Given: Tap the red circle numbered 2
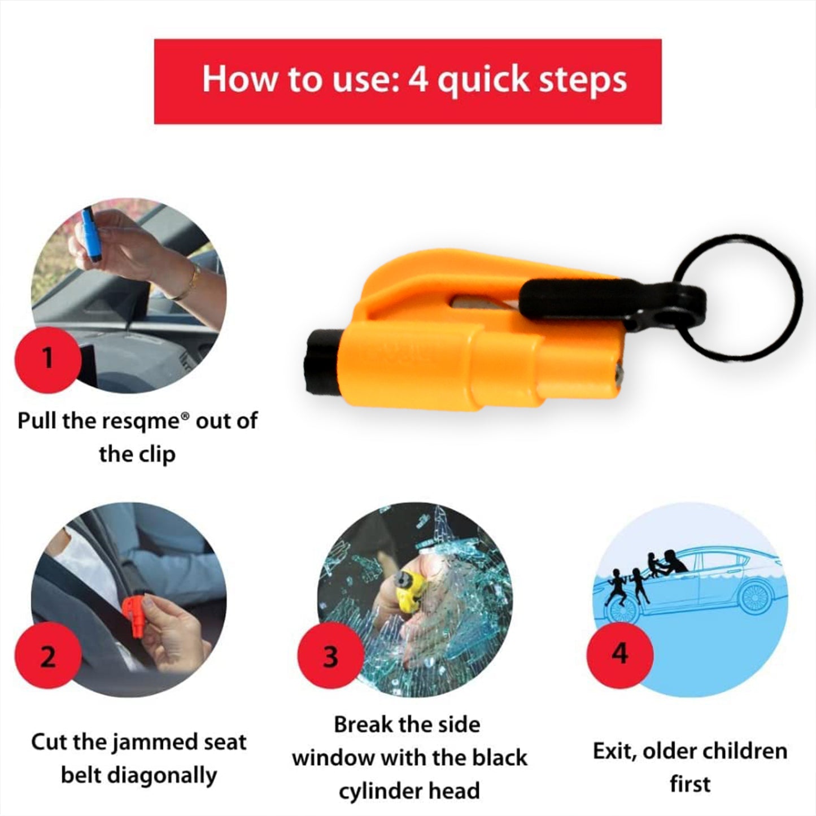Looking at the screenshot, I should (47, 657).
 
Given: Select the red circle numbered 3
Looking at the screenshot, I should (330, 657).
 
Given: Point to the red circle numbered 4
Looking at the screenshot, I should (620, 654).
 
